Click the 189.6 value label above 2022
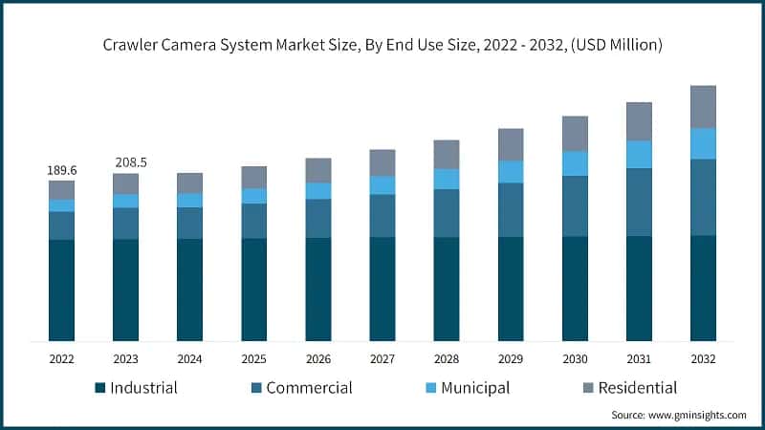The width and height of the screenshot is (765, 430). coord(61,170)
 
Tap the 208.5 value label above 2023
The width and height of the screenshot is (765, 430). coord(125,163)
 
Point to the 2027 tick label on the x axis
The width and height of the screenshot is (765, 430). coord(382,359)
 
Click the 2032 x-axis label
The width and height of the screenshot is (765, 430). coord(703,359)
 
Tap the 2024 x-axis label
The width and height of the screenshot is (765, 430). coord(189,359)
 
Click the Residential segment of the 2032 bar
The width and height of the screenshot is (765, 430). coord(703,106)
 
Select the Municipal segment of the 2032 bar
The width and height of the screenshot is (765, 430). coord(703,143)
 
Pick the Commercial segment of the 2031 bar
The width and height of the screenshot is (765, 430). coord(639,202)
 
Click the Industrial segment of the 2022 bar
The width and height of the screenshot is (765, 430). coord(61,290)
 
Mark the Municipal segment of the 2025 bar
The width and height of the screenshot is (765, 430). coord(253,196)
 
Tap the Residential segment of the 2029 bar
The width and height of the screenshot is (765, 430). coord(511,144)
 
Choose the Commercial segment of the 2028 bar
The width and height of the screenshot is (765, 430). coord(447,213)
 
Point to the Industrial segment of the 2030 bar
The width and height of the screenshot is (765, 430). coord(575,289)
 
